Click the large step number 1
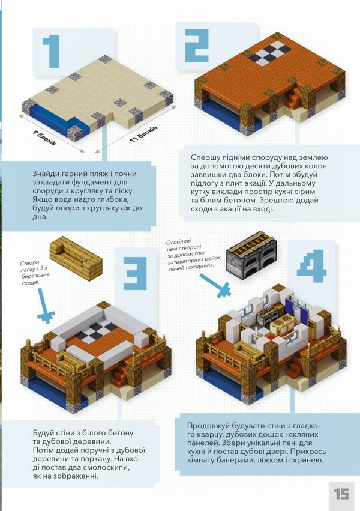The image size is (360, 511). click(52, 51)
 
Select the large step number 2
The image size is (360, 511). click(197, 46)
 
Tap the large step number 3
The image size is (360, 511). click(135, 273)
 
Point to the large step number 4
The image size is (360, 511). click(311, 266)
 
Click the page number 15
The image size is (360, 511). click(341, 494)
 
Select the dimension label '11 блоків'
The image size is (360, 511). click(143, 133)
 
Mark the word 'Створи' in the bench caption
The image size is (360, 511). click(29, 262)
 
